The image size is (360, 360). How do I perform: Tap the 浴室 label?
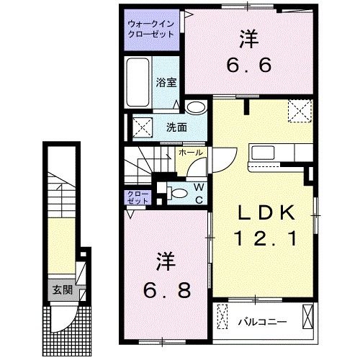pos(166,82)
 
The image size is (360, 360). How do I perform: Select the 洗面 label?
pos(177,127)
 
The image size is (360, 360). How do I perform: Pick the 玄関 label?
pos(60,290)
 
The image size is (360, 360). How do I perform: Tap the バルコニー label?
pos(263,321)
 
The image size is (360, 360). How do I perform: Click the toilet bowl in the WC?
pos(179,192)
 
